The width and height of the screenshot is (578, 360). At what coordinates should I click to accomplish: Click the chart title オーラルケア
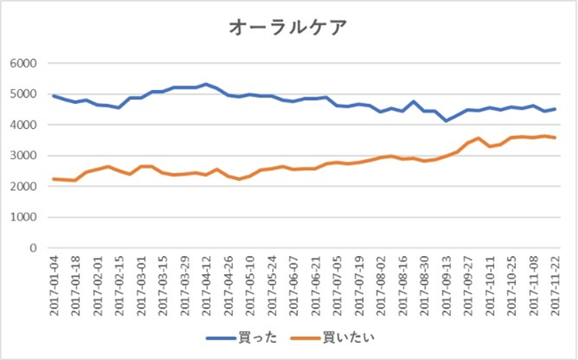(288, 27)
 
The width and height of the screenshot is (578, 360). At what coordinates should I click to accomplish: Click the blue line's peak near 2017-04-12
(206, 84)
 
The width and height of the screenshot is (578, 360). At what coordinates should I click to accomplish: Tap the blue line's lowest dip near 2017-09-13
(447, 121)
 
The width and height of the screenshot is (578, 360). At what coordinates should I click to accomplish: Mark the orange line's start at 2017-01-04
(54, 179)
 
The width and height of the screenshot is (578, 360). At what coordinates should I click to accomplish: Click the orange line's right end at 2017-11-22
(555, 137)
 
